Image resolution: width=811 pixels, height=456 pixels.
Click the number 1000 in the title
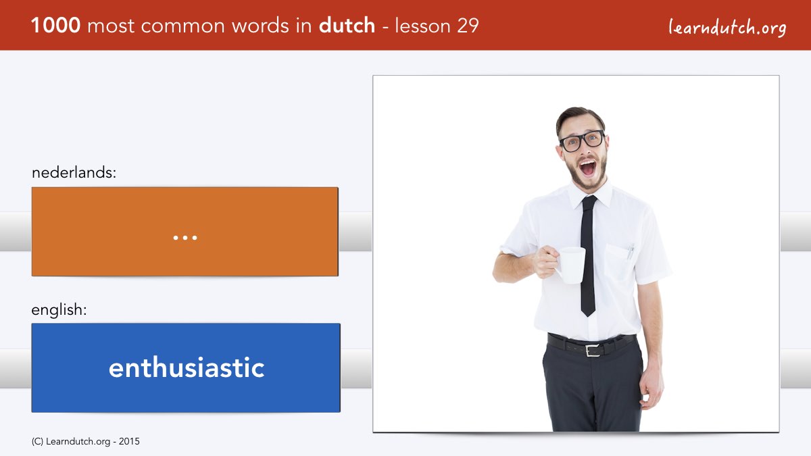tap(55, 26)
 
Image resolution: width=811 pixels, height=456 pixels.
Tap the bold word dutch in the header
tap(347, 25)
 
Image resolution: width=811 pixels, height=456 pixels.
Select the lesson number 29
tap(468, 26)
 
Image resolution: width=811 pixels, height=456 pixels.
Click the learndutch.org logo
tap(727, 28)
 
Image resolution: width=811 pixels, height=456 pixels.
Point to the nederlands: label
tap(74, 172)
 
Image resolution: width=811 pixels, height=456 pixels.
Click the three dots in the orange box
tap(185, 238)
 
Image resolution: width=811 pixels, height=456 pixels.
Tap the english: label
tap(59, 310)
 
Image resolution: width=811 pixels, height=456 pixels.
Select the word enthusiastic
tap(187, 368)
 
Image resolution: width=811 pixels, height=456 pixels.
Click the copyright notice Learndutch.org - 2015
tap(85, 442)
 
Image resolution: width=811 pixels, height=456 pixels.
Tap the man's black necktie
tap(588, 255)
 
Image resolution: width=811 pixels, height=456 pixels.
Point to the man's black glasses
tap(582, 141)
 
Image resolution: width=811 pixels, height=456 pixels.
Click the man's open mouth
tap(587, 168)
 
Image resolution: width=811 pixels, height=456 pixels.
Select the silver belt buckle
tap(593, 351)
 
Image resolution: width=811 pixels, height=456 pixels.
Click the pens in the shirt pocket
tap(631, 251)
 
